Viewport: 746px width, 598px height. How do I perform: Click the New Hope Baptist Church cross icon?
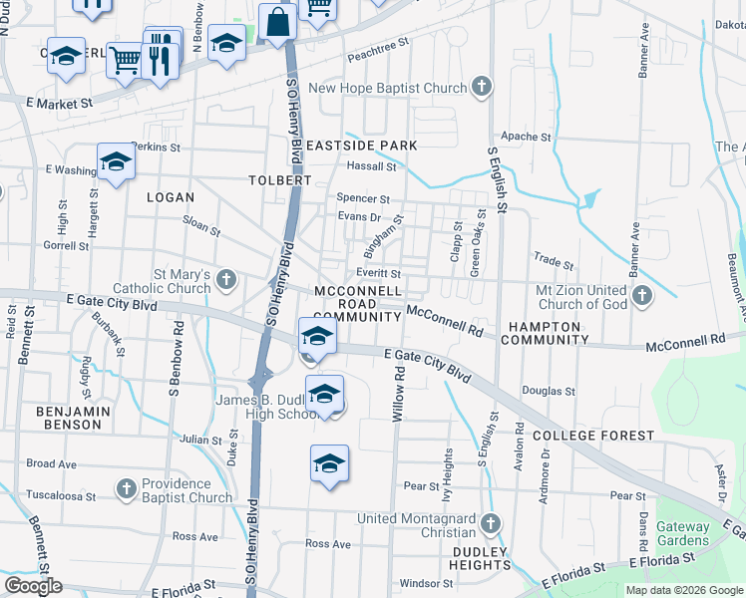point(482,87)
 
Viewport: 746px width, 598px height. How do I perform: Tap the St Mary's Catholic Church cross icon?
point(226,280)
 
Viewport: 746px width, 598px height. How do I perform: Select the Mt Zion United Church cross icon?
point(642,295)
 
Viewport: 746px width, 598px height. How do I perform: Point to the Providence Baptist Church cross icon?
point(126,488)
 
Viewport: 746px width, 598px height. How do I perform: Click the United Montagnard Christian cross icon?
point(490,522)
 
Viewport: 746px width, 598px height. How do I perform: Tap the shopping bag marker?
point(274,22)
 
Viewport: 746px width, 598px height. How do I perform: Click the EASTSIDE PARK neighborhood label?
point(361,146)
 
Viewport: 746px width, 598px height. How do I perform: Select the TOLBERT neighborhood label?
point(280,180)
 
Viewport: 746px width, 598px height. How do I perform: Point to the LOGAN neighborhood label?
point(170,197)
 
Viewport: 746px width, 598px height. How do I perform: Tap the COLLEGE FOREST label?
point(592,436)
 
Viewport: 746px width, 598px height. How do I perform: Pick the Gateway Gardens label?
point(682,533)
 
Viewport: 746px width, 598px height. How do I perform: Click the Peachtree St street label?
point(378,51)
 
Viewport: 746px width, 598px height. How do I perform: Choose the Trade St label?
point(553,261)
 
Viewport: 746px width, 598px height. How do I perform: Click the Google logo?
point(33,586)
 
